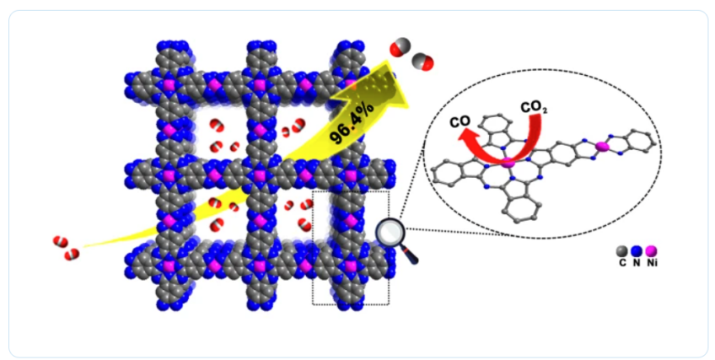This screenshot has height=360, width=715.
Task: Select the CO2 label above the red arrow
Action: pyautogui.click(x=532, y=107)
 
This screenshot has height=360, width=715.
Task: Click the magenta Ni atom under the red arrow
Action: pyautogui.click(x=508, y=161)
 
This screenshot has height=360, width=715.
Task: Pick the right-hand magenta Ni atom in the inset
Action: pyautogui.click(x=601, y=148)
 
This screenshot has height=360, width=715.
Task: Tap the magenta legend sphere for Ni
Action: pyautogui.click(x=652, y=250)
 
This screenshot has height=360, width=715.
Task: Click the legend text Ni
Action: pyautogui.click(x=653, y=263)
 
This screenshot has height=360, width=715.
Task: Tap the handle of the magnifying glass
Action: pyautogui.click(x=411, y=255)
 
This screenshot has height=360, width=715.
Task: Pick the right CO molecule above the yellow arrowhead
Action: pyautogui.click(x=423, y=60)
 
